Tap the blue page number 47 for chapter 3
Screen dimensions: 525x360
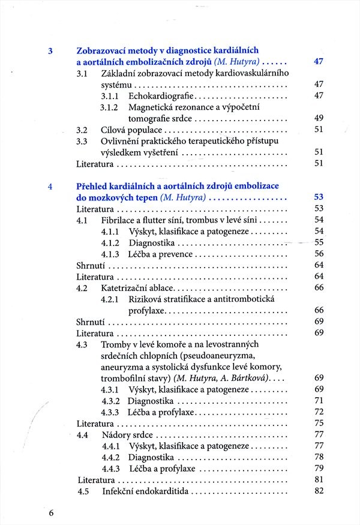coord(319,62)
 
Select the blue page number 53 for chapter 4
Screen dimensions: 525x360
coord(319,197)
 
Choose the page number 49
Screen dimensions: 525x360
coord(319,118)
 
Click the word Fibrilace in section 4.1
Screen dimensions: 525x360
coord(119,220)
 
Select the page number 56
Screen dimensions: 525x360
coord(319,254)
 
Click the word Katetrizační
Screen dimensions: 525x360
coord(126,288)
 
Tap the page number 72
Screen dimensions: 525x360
coord(319,412)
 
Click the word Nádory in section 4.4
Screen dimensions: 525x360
coord(116,434)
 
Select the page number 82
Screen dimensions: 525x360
coord(319,491)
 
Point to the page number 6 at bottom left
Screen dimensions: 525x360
coord(51,513)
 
